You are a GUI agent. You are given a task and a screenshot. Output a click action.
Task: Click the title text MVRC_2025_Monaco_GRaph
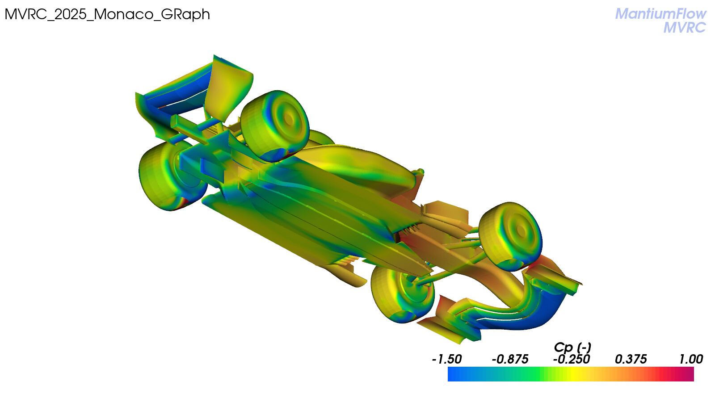point(107,15)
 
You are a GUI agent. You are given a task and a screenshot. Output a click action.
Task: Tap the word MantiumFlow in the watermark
point(660,14)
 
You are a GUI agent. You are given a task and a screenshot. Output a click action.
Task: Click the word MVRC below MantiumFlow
point(685,27)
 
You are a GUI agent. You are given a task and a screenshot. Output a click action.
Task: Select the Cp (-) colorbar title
point(572,348)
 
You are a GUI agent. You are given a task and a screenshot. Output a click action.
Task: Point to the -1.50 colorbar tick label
point(446,359)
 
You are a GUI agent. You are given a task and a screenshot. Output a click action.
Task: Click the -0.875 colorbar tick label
point(510,359)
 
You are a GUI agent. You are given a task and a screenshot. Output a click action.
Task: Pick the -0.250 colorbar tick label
point(572,359)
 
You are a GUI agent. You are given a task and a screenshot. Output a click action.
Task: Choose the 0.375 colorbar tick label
point(631,359)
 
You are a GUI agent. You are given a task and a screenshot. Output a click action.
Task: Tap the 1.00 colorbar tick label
point(691,359)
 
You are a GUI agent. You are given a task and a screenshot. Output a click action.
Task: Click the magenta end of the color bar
point(690,374)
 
